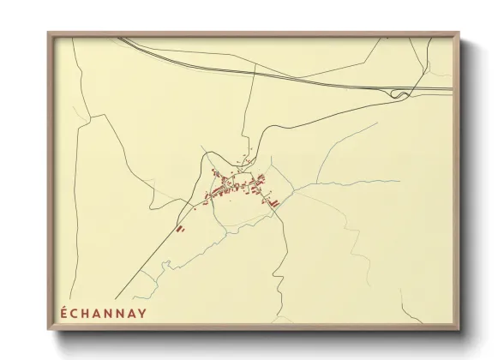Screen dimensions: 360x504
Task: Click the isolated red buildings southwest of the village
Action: click(x=179, y=229)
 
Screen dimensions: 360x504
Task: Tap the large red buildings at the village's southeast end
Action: click(x=275, y=202)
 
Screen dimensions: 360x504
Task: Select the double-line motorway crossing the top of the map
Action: click(x=257, y=70)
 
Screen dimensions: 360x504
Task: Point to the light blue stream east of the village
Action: click(x=343, y=182)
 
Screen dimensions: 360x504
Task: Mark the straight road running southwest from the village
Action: click(x=154, y=257)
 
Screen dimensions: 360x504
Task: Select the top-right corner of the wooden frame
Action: click(x=459, y=34)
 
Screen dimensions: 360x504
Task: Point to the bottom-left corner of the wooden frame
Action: click(x=50, y=329)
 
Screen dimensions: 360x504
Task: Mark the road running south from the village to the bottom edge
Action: click(x=276, y=283)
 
